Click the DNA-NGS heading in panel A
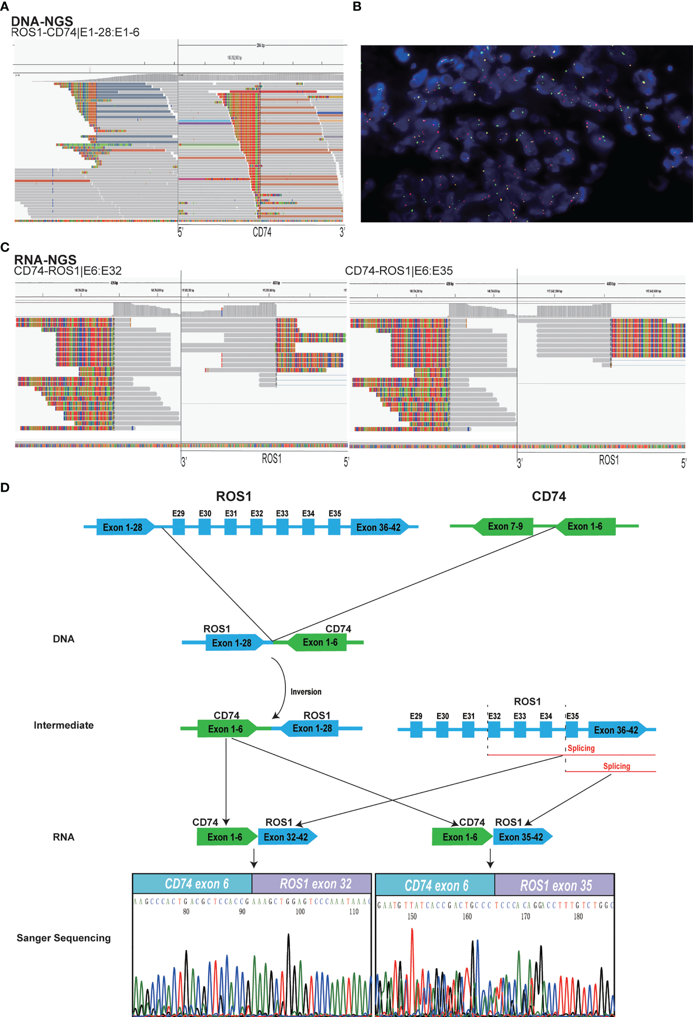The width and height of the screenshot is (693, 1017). [x=42, y=21]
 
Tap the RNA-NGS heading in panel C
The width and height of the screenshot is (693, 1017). [x=45, y=260]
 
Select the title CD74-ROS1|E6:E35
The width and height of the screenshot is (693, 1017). [x=398, y=271]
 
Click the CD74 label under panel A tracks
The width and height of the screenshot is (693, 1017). [x=262, y=232]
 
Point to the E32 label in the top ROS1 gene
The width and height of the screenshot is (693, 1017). [x=256, y=513]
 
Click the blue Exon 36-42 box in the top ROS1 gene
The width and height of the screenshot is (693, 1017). [x=378, y=527]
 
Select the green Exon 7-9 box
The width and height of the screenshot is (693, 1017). [x=505, y=526]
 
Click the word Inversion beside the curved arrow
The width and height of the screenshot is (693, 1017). [x=306, y=691]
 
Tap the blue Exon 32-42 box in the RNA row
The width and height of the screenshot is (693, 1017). [x=286, y=837]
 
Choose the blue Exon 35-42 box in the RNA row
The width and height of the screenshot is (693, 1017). [x=521, y=837]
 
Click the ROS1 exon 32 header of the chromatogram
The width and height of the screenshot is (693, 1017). [x=315, y=884]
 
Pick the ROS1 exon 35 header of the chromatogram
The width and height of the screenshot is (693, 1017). [x=555, y=886]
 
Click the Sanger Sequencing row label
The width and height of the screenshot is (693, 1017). [x=63, y=938]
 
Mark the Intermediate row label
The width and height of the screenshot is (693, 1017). [x=63, y=725]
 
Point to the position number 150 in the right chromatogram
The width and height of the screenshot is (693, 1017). [x=412, y=916]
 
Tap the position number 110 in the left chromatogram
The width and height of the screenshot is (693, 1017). [x=354, y=911]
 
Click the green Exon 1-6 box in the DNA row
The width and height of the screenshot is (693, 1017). [x=320, y=642]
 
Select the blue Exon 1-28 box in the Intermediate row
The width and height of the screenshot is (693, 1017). [x=312, y=728]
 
